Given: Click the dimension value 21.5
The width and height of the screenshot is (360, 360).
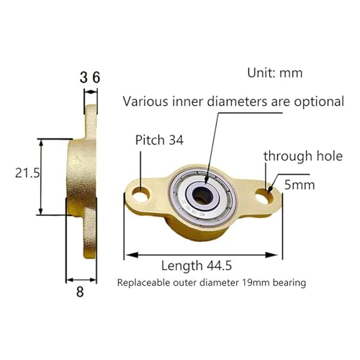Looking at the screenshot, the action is (x=27, y=173).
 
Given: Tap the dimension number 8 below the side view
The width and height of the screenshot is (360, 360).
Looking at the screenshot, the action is (x=80, y=292).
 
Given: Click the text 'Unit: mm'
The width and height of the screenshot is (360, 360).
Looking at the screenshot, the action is (x=275, y=73).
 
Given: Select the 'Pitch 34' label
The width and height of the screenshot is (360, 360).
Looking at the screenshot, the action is (x=159, y=140).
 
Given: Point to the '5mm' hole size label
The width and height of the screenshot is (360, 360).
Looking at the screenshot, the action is (x=300, y=185).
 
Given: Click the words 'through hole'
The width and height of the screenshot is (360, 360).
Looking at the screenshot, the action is (x=303, y=156).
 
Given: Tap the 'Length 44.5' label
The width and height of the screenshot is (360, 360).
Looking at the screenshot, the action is (x=197, y=266).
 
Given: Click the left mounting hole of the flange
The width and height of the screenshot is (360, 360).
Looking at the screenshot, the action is (x=140, y=194).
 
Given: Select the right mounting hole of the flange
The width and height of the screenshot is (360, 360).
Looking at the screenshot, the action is (x=264, y=196).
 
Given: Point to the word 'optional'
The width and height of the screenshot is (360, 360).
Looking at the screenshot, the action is (x=319, y=102).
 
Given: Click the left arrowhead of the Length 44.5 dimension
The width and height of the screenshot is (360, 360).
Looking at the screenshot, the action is (x=132, y=255).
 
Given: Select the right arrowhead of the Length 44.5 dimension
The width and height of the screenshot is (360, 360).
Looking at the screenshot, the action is (x=271, y=255).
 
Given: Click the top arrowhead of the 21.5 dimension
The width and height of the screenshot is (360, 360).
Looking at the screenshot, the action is (x=41, y=143).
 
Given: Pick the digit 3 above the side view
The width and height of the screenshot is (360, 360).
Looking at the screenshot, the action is (x=84, y=78).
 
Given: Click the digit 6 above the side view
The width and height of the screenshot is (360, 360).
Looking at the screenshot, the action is (x=96, y=78).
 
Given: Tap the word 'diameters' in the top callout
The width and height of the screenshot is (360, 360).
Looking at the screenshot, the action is (x=237, y=102).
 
